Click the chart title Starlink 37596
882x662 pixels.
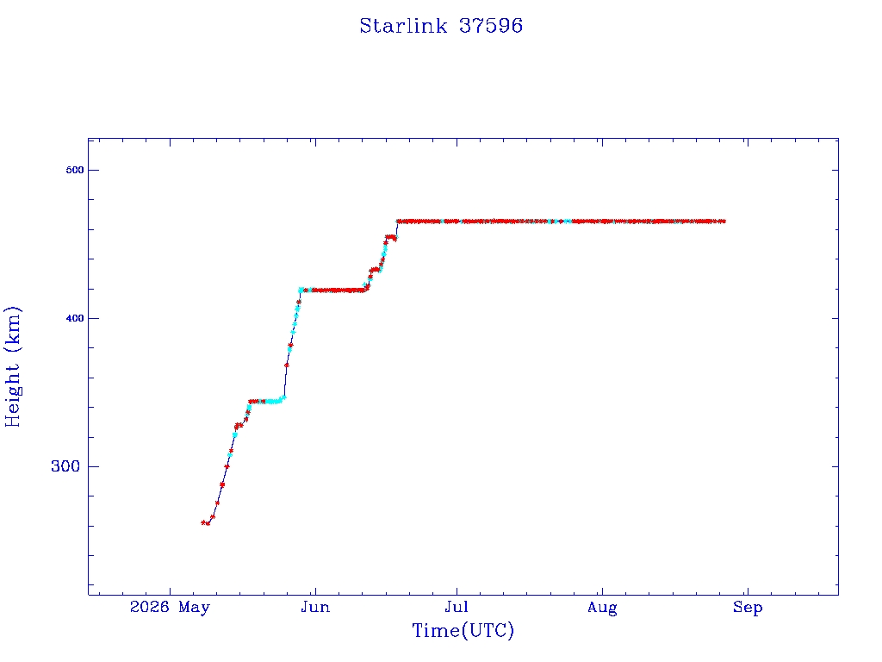(x=441, y=26)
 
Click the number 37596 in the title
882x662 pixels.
(x=491, y=26)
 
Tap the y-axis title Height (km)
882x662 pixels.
(x=12, y=366)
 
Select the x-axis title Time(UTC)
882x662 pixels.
(x=463, y=630)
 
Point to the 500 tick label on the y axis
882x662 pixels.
(x=75, y=170)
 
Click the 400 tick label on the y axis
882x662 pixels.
(x=75, y=318)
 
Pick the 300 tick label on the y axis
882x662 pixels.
(x=65, y=466)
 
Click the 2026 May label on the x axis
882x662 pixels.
(x=170, y=607)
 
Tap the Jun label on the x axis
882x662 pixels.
(x=315, y=607)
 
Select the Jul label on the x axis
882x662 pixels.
(x=457, y=607)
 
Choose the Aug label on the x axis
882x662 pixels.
(x=602, y=608)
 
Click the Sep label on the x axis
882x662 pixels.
(x=748, y=608)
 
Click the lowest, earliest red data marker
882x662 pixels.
(x=203, y=522)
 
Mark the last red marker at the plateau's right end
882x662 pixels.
(x=723, y=222)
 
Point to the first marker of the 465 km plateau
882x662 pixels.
(x=398, y=222)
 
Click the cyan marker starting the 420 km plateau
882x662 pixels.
(x=301, y=290)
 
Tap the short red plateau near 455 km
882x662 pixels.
(x=390, y=238)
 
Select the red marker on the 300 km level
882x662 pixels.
(x=227, y=466)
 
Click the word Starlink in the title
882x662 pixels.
(x=403, y=26)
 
